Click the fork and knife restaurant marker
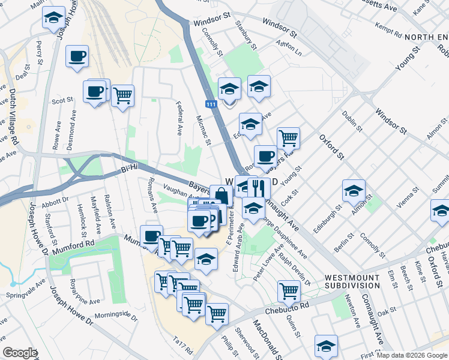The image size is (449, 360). (259, 187)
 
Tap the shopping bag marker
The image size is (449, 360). (221, 196)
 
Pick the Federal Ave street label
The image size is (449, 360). (179, 118)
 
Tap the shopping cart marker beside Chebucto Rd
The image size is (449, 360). (289, 291)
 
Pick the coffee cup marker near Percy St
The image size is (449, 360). (77, 56)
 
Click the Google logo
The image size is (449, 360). (20, 353)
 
